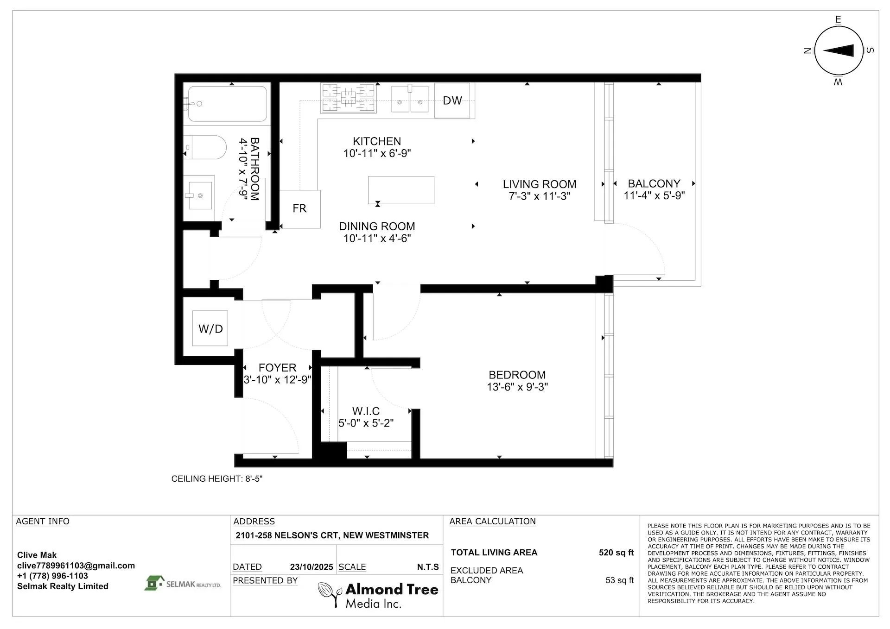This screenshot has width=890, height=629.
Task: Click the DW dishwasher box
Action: coord(452,101)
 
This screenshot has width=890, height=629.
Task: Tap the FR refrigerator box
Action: coord(299,208)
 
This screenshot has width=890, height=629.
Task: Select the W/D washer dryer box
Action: coord(210,328)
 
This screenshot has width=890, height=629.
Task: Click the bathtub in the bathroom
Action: coord(227,104)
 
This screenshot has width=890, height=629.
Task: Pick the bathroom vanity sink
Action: coord(200,195)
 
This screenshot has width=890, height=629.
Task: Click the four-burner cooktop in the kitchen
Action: coord(348,98)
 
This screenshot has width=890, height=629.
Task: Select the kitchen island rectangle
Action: coord(401,189)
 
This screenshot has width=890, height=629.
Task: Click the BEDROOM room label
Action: coord(517,375)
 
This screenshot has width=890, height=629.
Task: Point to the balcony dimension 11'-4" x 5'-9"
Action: coord(654,195)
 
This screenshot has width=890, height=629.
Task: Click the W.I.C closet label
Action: coord(366,411)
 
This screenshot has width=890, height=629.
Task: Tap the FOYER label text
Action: coord(277,367)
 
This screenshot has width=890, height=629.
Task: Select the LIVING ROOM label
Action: coord(540,184)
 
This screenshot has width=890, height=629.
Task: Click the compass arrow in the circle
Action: coord(839,51)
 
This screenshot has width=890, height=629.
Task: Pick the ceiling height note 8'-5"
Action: coord(217,478)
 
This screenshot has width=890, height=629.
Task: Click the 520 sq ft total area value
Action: coord(616,552)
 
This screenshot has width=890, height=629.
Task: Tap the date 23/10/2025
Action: coord(311,567)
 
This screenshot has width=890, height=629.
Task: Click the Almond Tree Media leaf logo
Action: coord(330,593)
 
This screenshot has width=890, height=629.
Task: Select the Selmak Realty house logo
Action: coord(154,583)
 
